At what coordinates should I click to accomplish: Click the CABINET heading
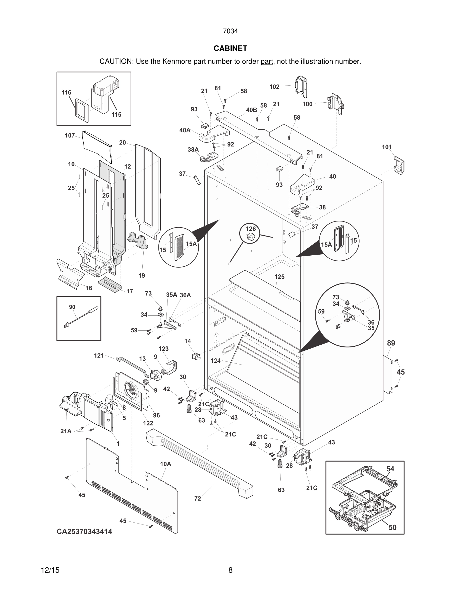230,48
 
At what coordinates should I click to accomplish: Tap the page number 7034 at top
230,31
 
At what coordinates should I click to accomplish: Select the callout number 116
66,93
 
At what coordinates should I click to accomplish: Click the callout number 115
116,115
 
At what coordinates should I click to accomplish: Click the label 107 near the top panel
70,135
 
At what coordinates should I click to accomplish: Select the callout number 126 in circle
251,229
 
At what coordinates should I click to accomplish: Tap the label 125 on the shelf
279,277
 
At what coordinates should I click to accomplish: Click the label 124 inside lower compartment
215,361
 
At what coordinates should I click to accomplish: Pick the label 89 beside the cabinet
391,343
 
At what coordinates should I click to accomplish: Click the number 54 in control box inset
390,469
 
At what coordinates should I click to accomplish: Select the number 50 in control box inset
392,527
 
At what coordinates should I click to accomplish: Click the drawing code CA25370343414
84,531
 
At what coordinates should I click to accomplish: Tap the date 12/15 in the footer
50,570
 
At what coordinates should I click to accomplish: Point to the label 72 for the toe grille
197,499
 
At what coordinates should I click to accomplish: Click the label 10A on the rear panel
165,464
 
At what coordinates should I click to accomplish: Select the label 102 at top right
274,87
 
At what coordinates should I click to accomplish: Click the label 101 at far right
387,147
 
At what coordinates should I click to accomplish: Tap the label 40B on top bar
252,110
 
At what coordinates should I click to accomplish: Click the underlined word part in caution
267,62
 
